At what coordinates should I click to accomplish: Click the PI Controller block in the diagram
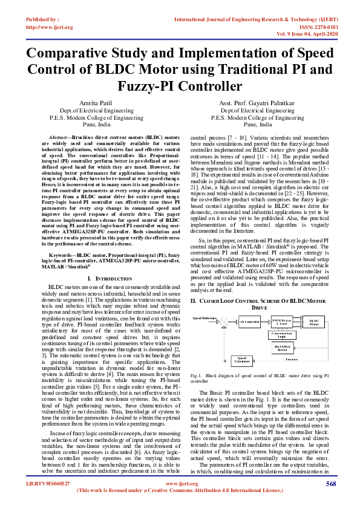click(249, 323)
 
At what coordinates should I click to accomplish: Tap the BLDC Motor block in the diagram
click(313, 323)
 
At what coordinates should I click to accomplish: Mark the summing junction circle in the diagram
click(224, 323)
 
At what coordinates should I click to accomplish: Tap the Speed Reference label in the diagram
click(204, 317)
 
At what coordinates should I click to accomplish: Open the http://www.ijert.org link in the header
click(48, 27)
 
